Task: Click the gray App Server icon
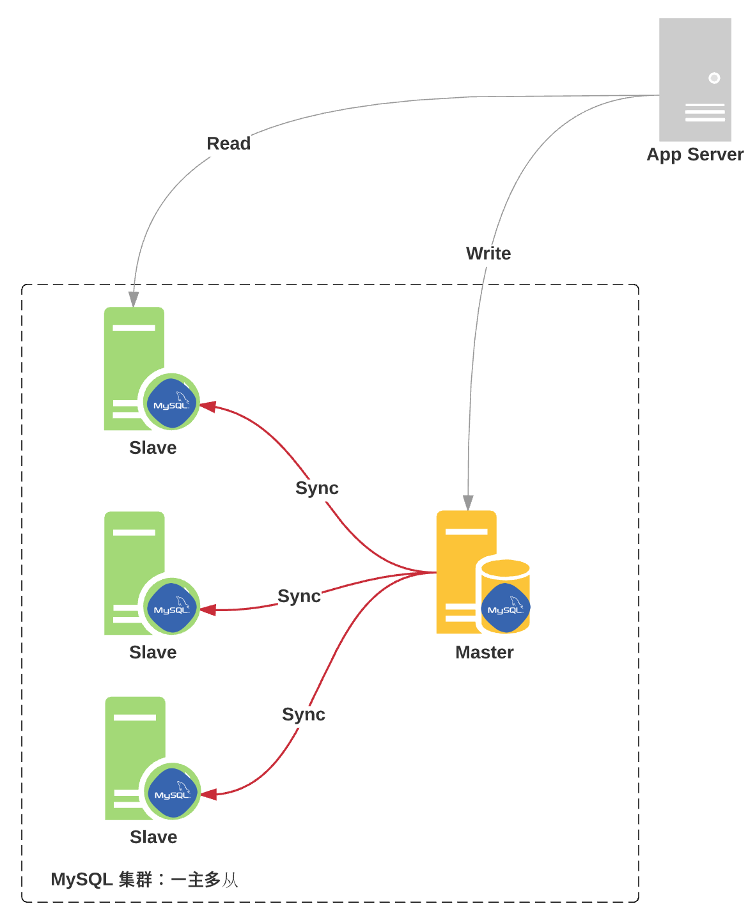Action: pyautogui.click(x=695, y=79)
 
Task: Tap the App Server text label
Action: pyautogui.click(x=695, y=155)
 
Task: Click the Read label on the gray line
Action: pyautogui.click(x=228, y=143)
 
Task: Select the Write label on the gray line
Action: pyautogui.click(x=488, y=253)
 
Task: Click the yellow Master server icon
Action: pyautogui.click(x=467, y=572)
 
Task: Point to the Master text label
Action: pyautogui.click(x=484, y=652)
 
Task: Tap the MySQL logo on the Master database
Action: pyautogui.click(x=505, y=608)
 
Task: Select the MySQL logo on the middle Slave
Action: pyautogui.click(x=171, y=607)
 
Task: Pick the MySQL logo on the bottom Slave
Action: pyautogui.click(x=172, y=793)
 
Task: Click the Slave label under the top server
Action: pyautogui.click(x=153, y=447)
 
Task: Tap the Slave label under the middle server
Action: pyautogui.click(x=153, y=652)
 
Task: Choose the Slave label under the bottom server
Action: pyautogui.click(x=153, y=837)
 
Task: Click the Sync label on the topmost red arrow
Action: pyautogui.click(x=316, y=488)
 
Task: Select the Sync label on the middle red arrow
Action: pyautogui.click(x=299, y=596)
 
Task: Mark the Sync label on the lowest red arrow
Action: pyautogui.click(x=304, y=714)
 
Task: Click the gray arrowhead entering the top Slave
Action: pyautogui.click(x=134, y=299)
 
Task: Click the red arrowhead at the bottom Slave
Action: pyautogui.click(x=208, y=795)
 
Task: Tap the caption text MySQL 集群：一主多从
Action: pyautogui.click(x=144, y=880)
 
